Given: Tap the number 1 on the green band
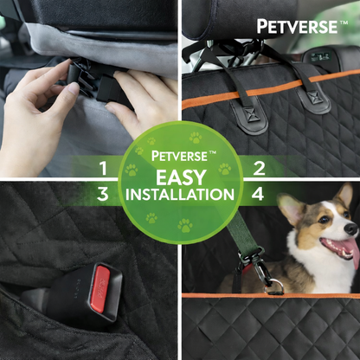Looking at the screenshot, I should pyautogui.click(x=104, y=168).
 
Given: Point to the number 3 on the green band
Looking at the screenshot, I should pyautogui.click(x=104, y=194).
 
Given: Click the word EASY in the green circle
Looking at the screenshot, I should pyautogui.click(x=180, y=176).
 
